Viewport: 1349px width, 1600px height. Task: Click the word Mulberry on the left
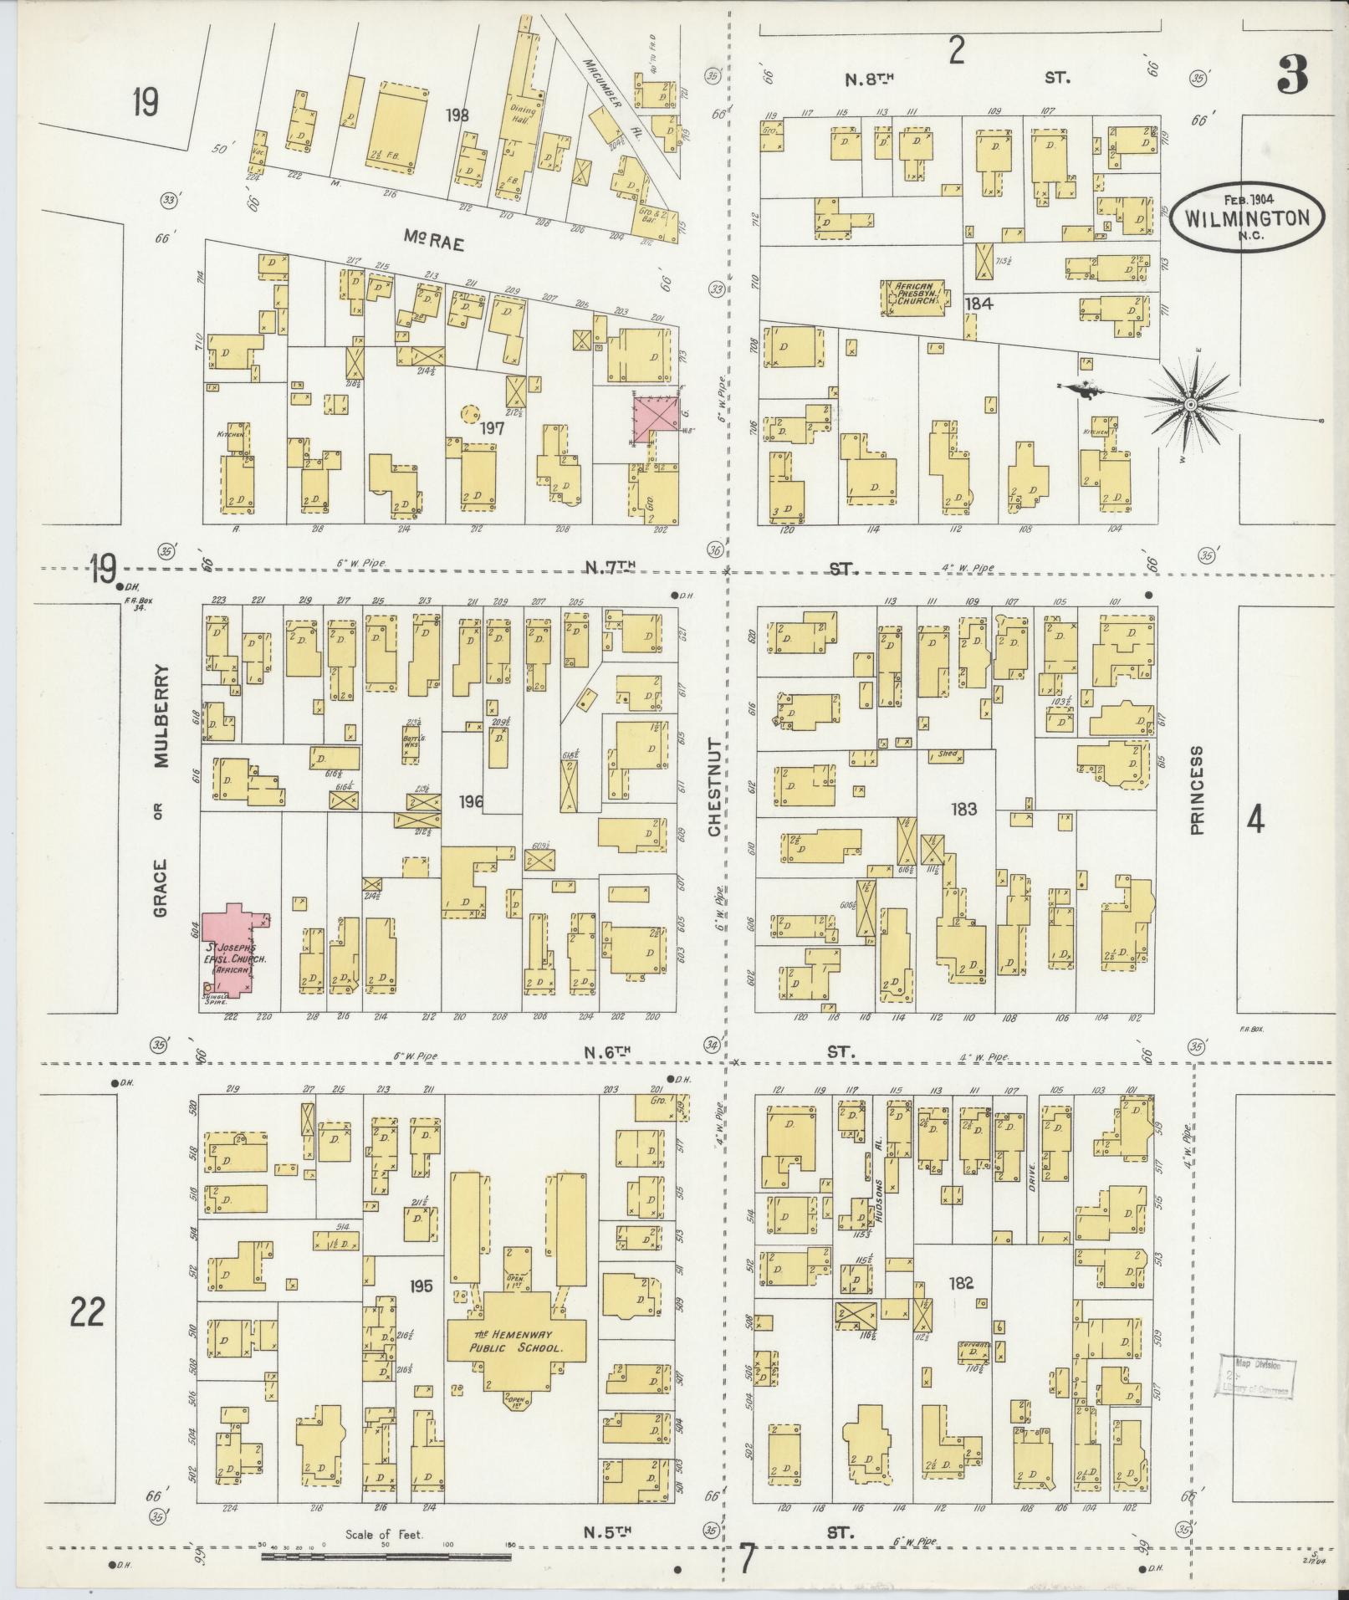161,716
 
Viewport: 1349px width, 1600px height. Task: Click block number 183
963,809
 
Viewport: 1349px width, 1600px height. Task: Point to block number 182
962,1282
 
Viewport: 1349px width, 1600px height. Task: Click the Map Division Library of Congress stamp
1253,1377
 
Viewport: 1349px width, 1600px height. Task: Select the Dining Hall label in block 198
523,115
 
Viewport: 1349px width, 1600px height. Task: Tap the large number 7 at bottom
747,1560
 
